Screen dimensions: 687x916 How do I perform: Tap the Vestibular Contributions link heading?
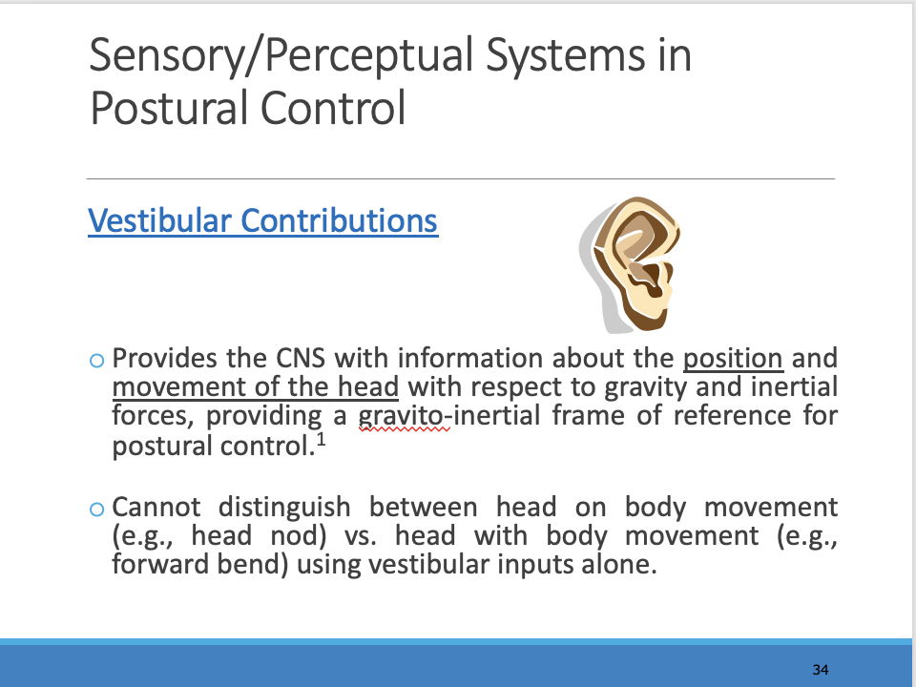pyautogui.click(x=262, y=220)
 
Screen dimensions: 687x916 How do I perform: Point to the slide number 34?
pyautogui.click(x=821, y=669)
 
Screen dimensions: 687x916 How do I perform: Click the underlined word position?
pyautogui.click(x=733, y=360)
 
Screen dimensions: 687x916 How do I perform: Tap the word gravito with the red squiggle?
pyautogui.click(x=401, y=417)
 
